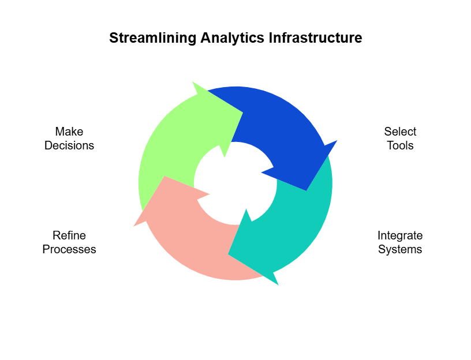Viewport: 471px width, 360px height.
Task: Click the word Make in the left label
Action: (x=69, y=132)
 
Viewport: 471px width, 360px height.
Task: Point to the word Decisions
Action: (x=69, y=145)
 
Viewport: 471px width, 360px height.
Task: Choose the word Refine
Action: (x=69, y=235)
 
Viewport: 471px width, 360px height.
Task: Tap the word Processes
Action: (x=69, y=249)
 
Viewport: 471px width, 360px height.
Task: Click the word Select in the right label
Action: (x=400, y=132)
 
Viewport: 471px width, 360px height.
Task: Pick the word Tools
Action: (x=400, y=145)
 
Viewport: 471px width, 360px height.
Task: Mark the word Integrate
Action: (x=400, y=235)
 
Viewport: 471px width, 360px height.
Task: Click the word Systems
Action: (x=400, y=249)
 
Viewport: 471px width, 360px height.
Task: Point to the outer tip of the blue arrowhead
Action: (x=337, y=140)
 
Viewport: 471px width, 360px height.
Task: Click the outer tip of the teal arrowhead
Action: (x=278, y=285)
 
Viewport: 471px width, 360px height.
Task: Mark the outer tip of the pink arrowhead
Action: (x=134, y=226)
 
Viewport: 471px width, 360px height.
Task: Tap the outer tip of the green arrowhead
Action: (x=193, y=82)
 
